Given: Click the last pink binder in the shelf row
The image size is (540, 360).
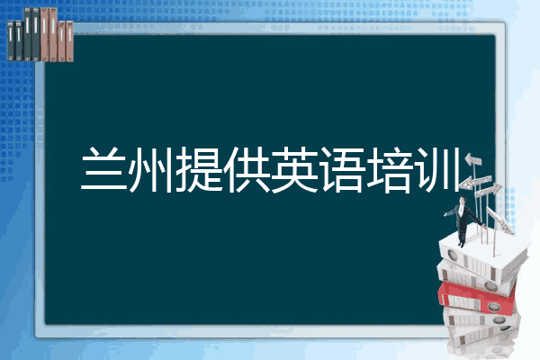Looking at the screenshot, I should [68, 38].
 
